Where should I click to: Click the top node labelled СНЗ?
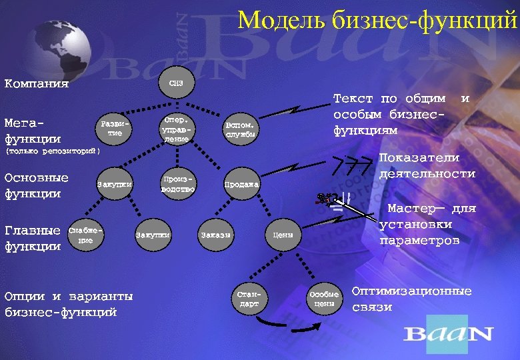[x=177, y=83]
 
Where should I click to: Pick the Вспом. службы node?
[x=239, y=129]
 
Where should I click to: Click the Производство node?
[x=178, y=185]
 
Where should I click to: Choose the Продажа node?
[x=241, y=185]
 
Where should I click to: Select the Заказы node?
[x=215, y=235]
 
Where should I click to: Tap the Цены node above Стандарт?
[x=283, y=235]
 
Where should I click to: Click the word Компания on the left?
[x=37, y=84]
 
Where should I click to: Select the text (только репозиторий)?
[x=53, y=151]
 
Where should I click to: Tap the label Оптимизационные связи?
[x=411, y=299]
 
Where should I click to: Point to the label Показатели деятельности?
[x=427, y=166]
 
